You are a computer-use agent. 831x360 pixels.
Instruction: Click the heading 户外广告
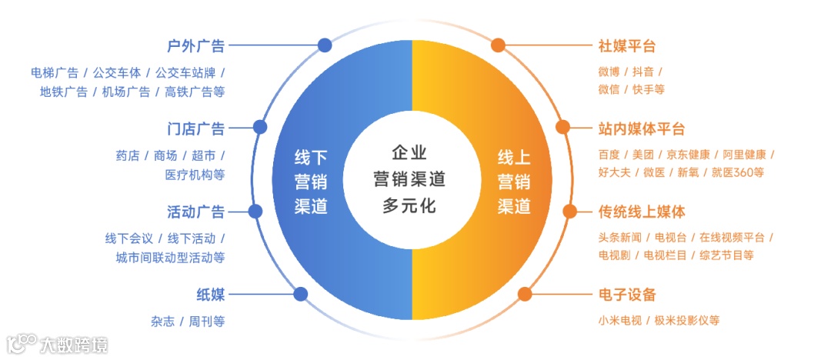(195, 45)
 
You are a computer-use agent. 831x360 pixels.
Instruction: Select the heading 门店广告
(195, 128)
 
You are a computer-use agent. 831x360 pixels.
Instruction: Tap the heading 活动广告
(195, 212)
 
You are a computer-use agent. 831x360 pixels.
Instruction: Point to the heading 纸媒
(210, 294)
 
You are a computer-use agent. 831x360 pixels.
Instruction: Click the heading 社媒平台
(627, 45)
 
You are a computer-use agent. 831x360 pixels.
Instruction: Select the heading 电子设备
(627, 294)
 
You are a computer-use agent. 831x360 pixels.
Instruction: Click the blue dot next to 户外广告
(325, 45)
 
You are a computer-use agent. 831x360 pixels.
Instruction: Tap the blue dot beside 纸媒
(301, 294)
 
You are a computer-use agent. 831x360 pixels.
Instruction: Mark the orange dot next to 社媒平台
(498, 45)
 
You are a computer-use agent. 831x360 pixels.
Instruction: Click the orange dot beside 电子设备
(526, 294)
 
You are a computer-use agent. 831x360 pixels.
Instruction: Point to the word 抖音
(643, 72)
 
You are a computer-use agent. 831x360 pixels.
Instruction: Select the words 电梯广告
(55, 73)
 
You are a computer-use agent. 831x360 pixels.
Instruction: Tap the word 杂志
(162, 321)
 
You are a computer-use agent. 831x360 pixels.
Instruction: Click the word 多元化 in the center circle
(409, 206)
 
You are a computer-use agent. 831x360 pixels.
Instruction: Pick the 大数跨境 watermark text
(74, 344)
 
